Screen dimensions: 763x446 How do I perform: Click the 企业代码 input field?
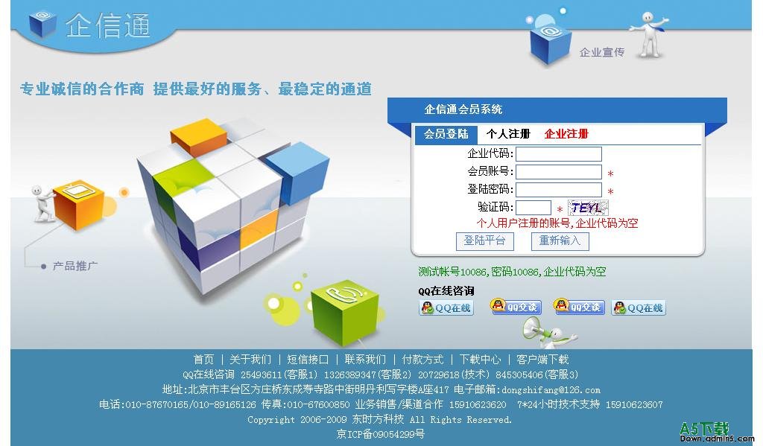point(559,154)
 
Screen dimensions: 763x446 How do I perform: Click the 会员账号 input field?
point(559,172)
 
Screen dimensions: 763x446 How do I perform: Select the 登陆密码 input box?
point(559,190)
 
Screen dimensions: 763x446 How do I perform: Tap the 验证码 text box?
point(534,208)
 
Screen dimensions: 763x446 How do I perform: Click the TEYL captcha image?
point(588,208)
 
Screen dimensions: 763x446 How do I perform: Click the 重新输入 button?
point(560,240)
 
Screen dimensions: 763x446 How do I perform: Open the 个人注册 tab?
point(508,134)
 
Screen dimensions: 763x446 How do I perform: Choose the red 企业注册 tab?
point(566,134)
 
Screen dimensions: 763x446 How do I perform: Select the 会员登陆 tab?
point(446,134)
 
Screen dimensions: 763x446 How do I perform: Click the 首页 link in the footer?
point(203,360)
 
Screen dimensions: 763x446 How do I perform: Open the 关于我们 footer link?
point(250,360)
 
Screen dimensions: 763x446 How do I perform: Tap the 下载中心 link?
point(480,360)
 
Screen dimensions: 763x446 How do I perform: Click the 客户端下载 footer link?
point(542,360)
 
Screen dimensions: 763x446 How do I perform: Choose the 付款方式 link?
point(422,360)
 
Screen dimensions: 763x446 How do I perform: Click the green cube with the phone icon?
point(344,310)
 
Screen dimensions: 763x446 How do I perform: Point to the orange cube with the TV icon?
point(78,204)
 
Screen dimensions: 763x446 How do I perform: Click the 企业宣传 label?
point(602,52)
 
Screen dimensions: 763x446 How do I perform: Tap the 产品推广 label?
point(75,266)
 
